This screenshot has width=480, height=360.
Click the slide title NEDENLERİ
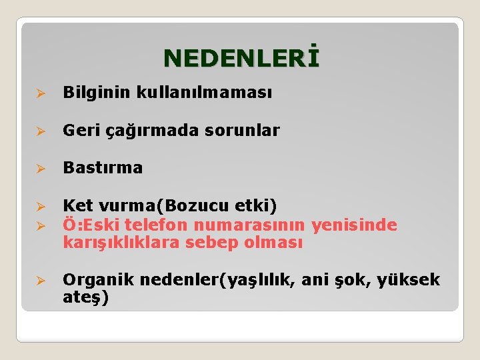pos(241,58)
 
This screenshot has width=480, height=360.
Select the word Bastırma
pos(103,168)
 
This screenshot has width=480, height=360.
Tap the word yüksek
pos(408,280)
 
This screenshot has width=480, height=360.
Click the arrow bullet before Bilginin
pos(40,94)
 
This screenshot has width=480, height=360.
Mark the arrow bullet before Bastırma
pos(40,169)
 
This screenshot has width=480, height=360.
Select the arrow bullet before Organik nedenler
pos(40,281)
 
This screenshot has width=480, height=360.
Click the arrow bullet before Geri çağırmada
pos(40,131)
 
